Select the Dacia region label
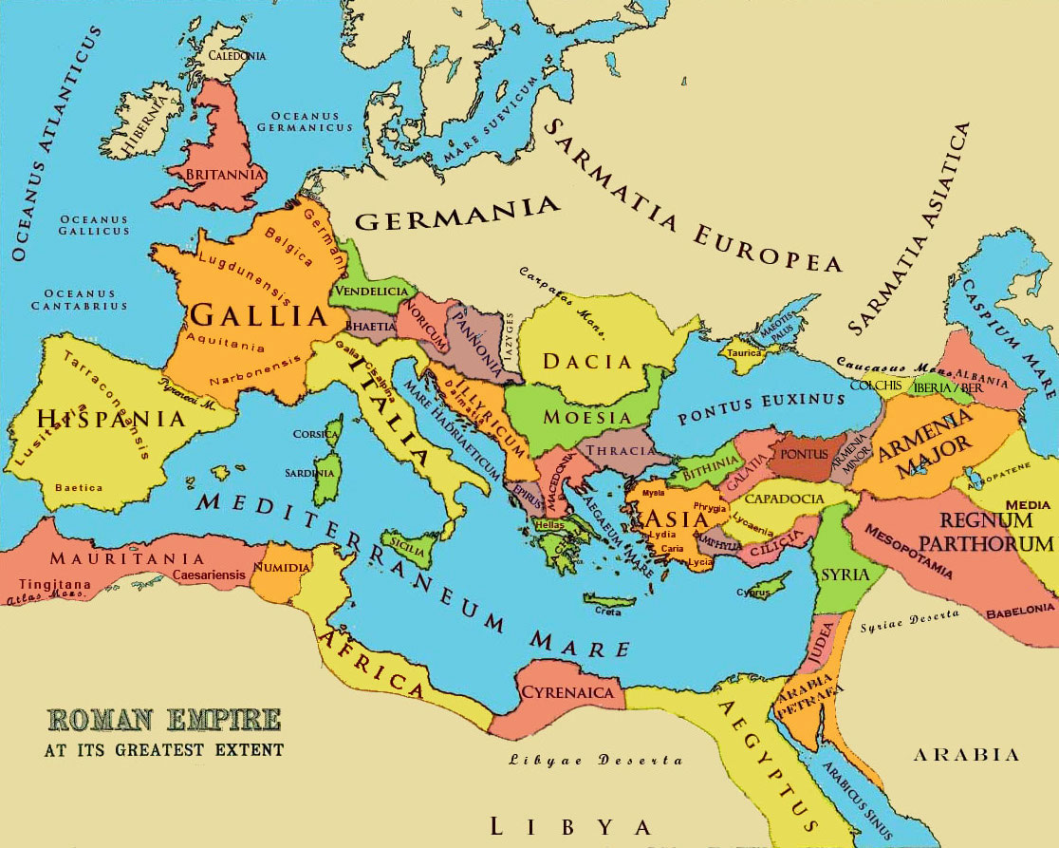[586, 361]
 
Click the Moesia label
[586, 417]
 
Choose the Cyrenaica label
[567, 692]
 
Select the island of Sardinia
[325, 481]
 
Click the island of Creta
[608, 601]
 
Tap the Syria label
[839, 575]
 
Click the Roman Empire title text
[163, 720]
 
